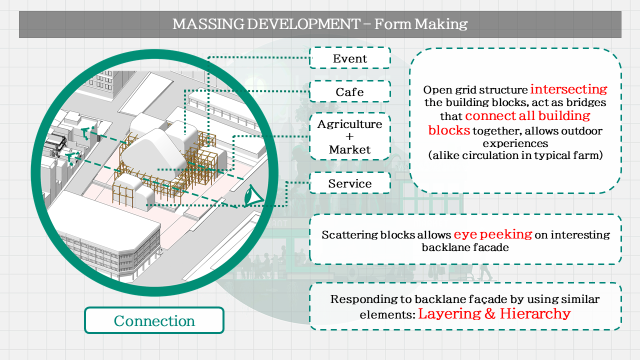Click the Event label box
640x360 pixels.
(350, 58)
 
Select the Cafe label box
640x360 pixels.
(350, 92)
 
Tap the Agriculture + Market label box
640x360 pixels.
(350, 136)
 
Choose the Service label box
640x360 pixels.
(350, 183)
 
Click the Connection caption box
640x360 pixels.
(154, 320)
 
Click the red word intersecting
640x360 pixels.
(568, 89)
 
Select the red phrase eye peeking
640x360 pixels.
(492, 234)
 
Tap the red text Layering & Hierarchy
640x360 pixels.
(494, 314)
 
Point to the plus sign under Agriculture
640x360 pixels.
(349, 136)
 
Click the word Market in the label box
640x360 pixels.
(350, 149)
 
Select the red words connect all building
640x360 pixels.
(527, 116)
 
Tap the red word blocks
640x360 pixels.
(449, 130)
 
